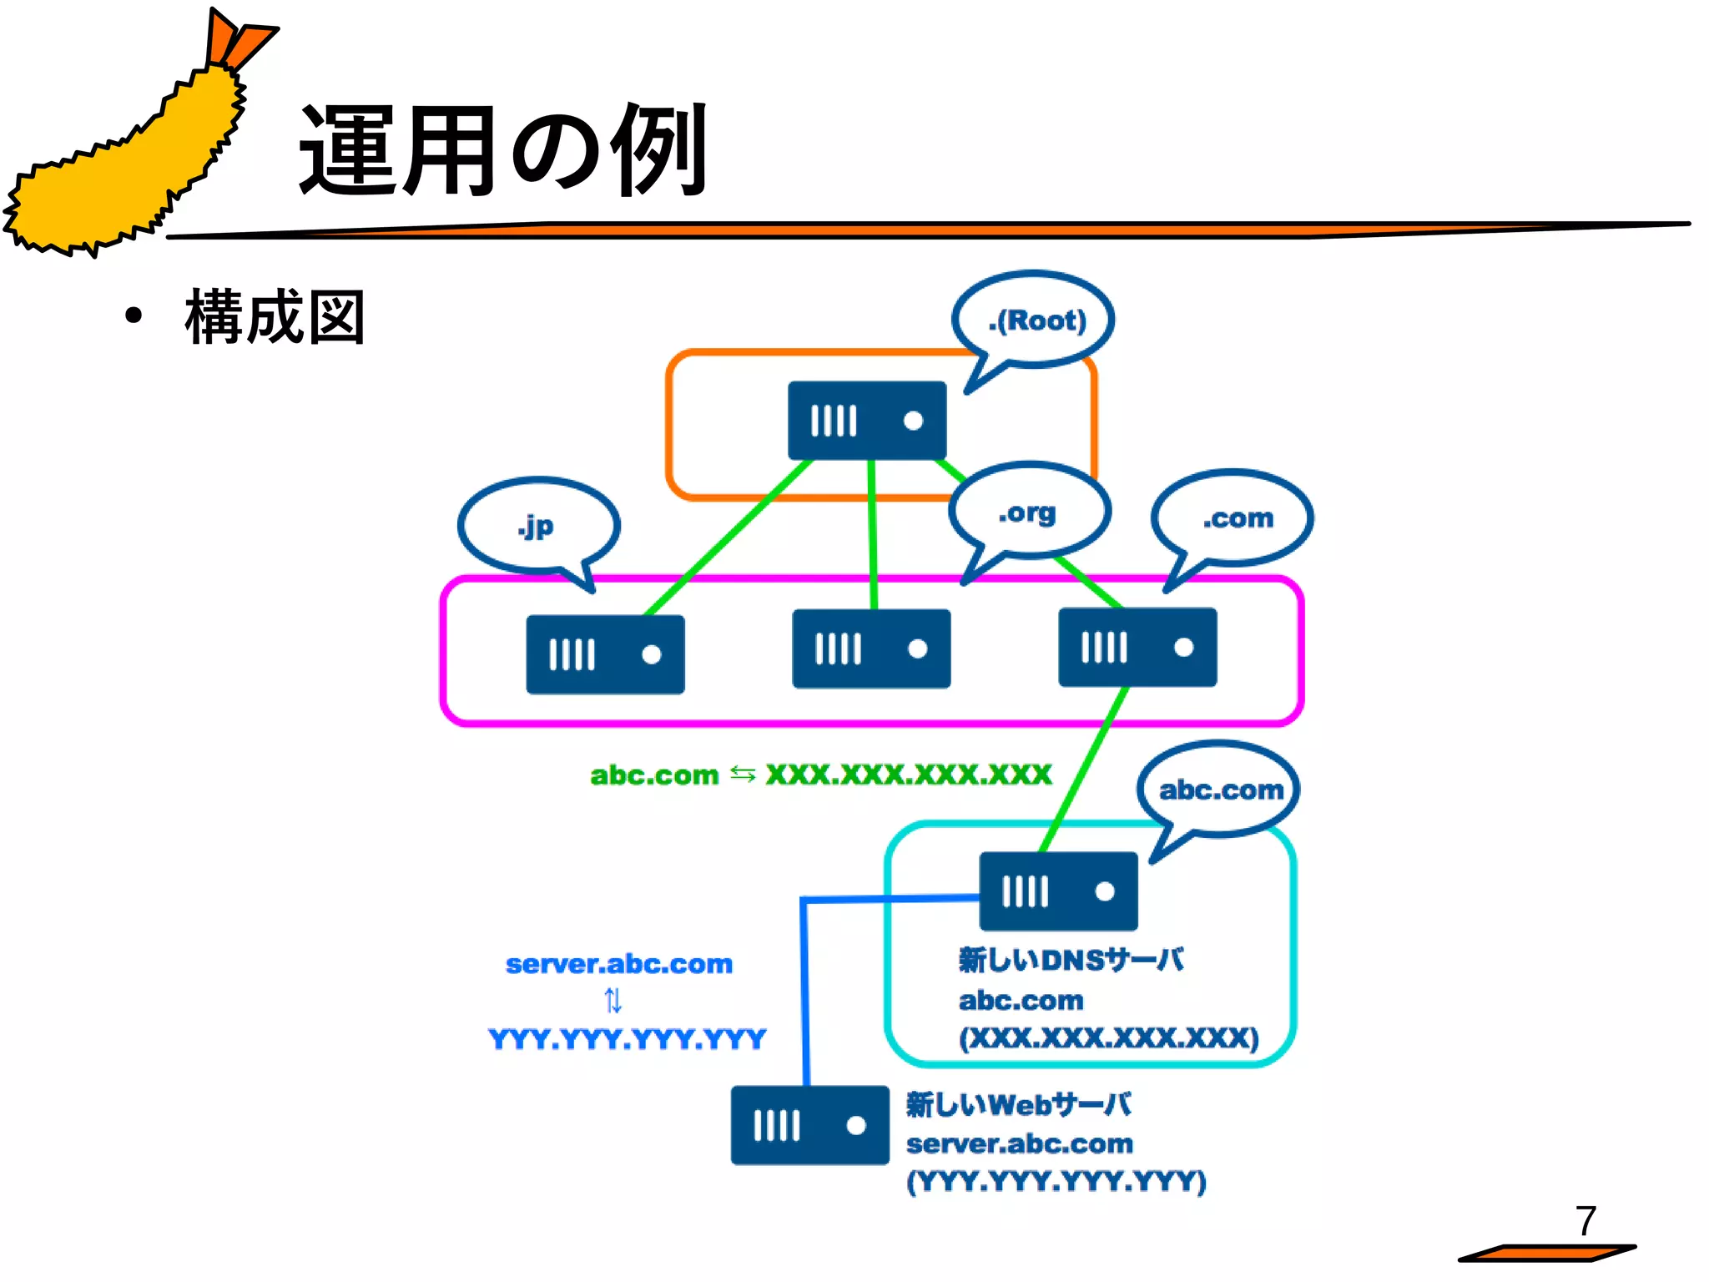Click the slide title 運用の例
pyautogui.click(x=503, y=151)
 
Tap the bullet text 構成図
pyautogui.click(x=275, y=317)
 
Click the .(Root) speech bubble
pyautogui.click(x=1035, y=320)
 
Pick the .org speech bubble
pyautogui.click(x=1028, y=511)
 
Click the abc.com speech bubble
pyautogui.click(x=1219, y=789)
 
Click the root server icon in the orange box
pyautogui.click(x=867, y=421)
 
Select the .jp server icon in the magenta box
pyautogui.click(x=605, y=654)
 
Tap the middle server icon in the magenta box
pyautogui.click(x=871, y=649)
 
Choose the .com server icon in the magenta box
pyautogui.click(x=1137, y=647)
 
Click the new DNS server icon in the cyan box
pyautogui.click(x=1058, y=891)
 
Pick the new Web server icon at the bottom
pyautogui.click(x=809, y=1125)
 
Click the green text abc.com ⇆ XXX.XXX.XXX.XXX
pyautogui.click(x=820, y=775)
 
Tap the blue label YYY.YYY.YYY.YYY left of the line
pyautogui.click(x=627, y=1039)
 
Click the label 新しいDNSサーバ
pyautogui.click(x=1071, y=960)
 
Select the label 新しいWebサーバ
pyautogui.click(x=1018, y=1104)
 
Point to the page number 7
pyautogui.click(x=1585, y=1221)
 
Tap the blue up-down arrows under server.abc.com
pyautogui.click(x=613, y=1000)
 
